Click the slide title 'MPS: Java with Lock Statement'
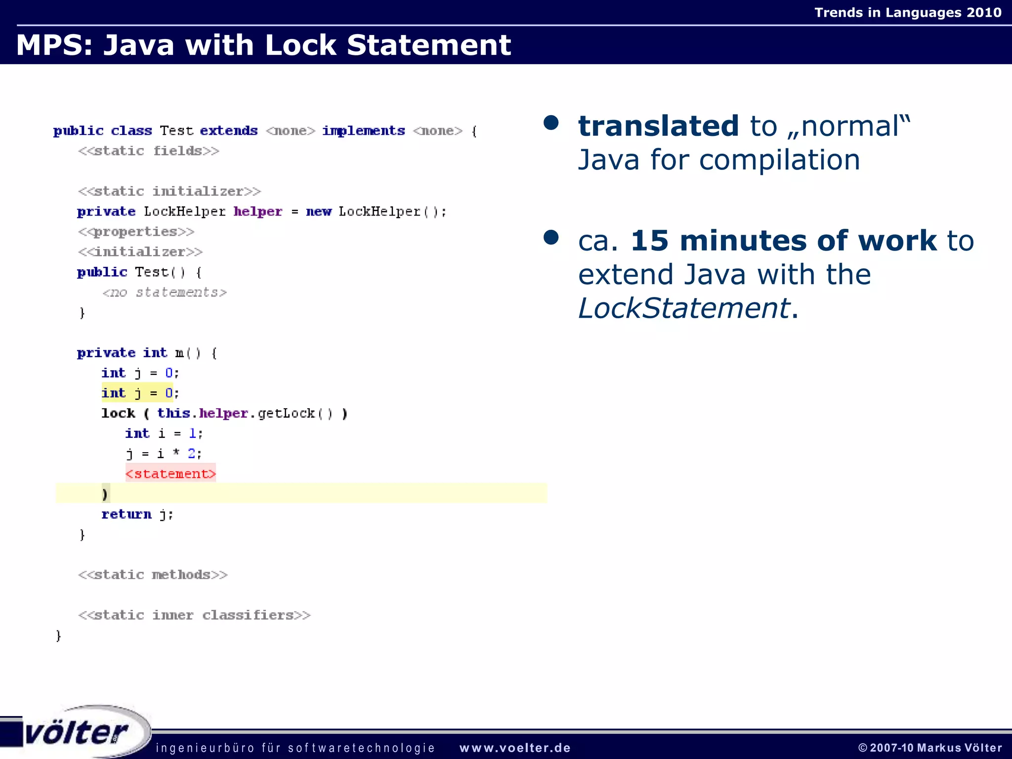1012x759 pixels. click(x=263, y=45)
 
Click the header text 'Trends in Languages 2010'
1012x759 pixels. click(x=908, y=12)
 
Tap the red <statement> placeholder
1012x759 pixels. click(x=170, y=473)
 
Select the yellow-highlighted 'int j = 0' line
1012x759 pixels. click(x=137, y=393)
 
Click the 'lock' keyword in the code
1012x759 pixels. click(x=118, y=413)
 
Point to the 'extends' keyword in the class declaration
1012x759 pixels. click(x=229, y=130)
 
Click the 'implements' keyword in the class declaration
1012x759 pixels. click(x=363, y=130)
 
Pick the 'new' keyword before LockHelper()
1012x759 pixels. click(x=319, y=211)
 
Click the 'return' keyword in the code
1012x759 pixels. click(x=126, y=514)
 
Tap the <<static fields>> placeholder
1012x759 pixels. click(x=149, y=151)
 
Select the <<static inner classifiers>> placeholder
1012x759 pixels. click(x=194, y=615)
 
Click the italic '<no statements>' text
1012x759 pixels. click(x=165, y=292)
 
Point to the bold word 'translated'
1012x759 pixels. click(x=659, y=126)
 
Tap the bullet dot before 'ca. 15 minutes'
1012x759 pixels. click(x=550, y=238)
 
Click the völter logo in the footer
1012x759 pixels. click(x=77, y=732)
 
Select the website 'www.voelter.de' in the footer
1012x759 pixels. click(x=515, y=748)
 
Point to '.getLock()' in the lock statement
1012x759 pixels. click(x=291, y=413)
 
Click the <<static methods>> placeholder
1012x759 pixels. click(x=153, y=575)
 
